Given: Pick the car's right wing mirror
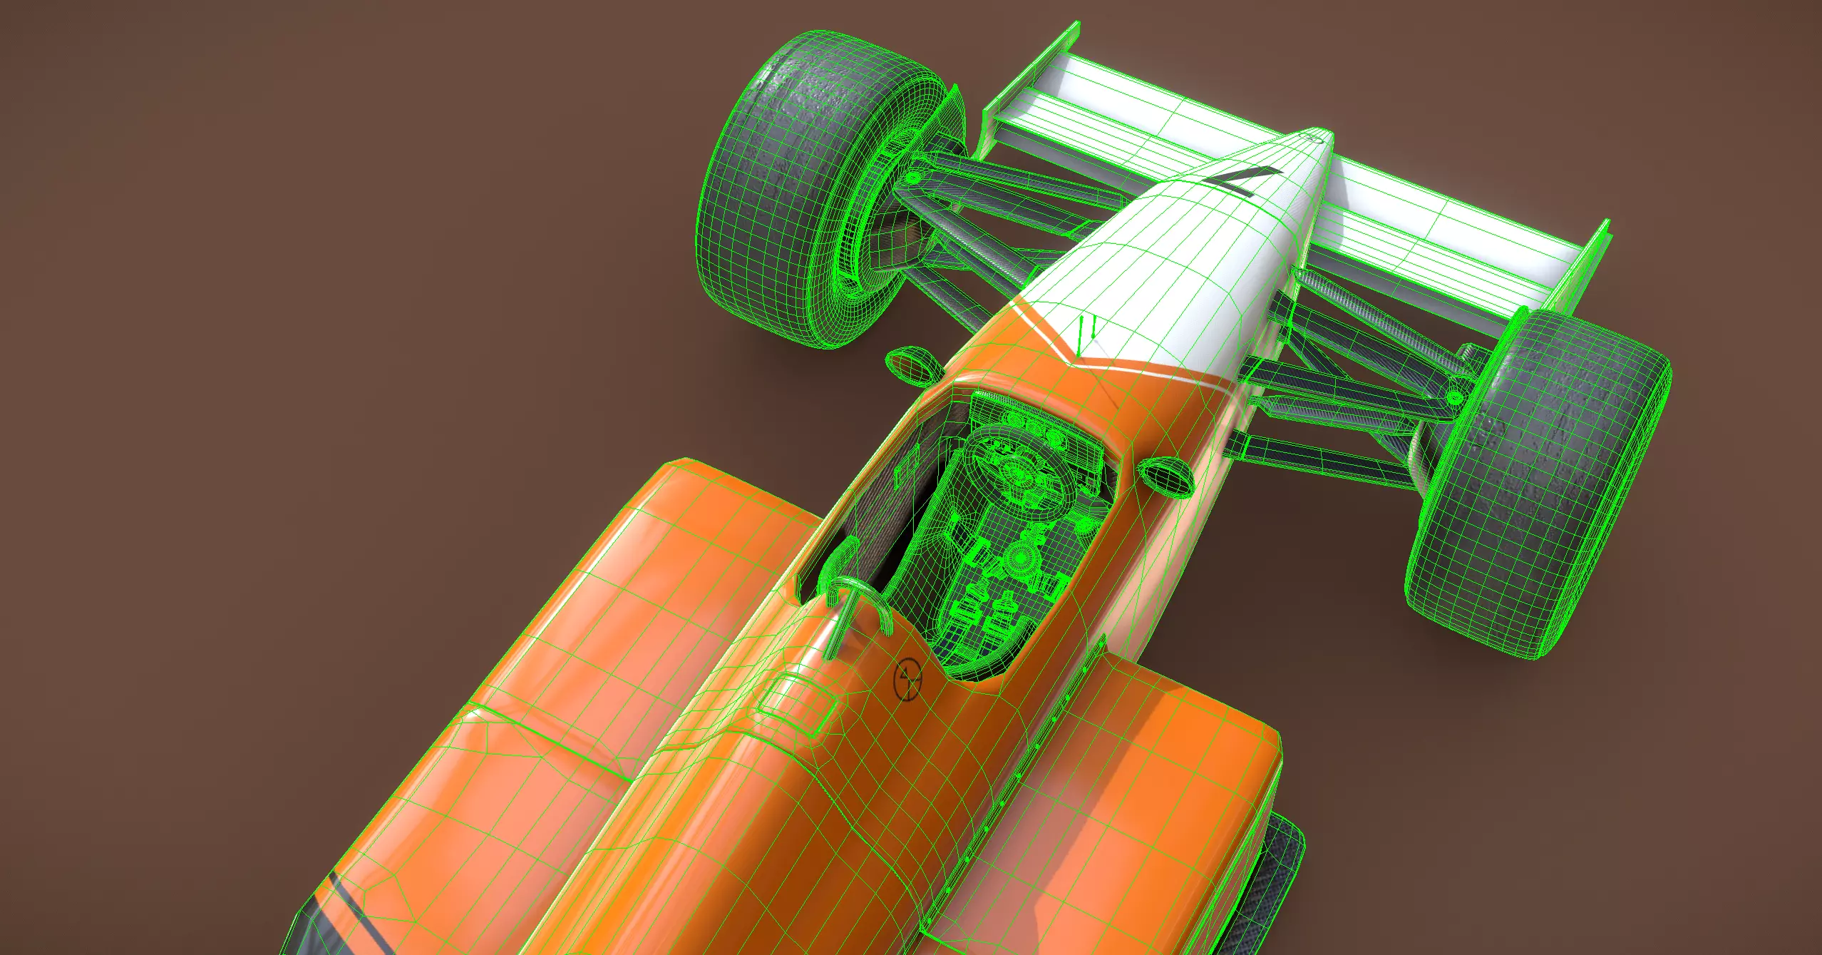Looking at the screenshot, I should pos(1166,476).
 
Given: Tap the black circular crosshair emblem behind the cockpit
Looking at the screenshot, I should pos(907,678).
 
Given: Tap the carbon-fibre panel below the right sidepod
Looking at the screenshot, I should pos(1276,877).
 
